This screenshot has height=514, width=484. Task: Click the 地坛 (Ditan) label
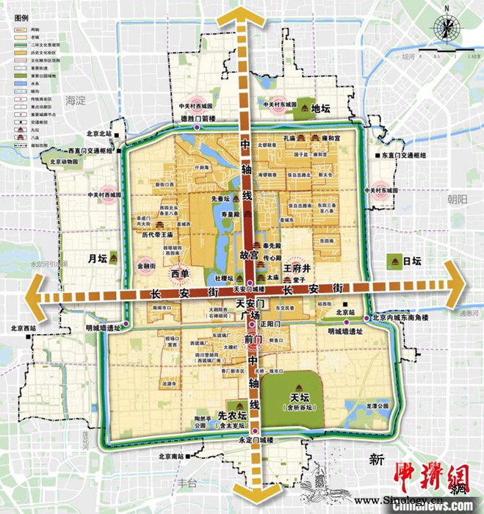(322, 109)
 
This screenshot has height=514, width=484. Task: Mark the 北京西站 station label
(24, 328)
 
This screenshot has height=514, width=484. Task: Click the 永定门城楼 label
(254, 440)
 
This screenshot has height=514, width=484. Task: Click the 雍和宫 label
(327, 138)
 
